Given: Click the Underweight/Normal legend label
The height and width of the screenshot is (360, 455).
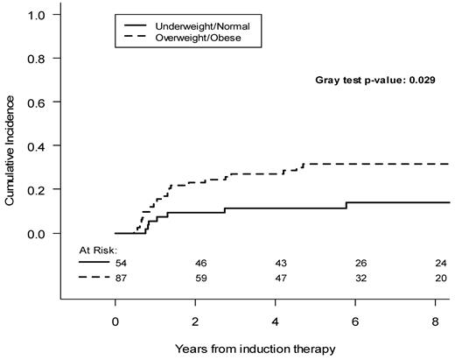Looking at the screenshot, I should tap(206, 26).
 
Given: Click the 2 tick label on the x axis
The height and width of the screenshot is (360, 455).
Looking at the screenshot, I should tap(195, 321).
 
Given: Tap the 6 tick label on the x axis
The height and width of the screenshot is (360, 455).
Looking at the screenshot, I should tap(355, 321).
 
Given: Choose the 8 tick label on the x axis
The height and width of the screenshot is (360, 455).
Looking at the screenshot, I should tap(435, 321).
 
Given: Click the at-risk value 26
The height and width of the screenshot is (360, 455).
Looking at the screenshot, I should tap(360, 262).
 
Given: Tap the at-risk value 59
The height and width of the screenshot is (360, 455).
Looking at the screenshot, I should tap(201, 279).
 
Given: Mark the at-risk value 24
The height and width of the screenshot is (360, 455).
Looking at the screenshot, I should tap(440, 262).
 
